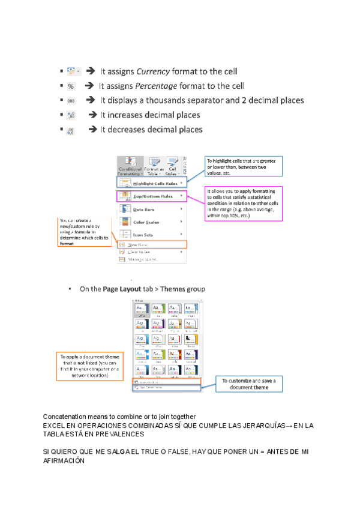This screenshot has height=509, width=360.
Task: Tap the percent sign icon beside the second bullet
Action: [71, 86]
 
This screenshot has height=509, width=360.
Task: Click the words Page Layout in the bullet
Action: [122, 289]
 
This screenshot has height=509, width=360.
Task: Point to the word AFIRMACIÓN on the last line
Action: [64, 462]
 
